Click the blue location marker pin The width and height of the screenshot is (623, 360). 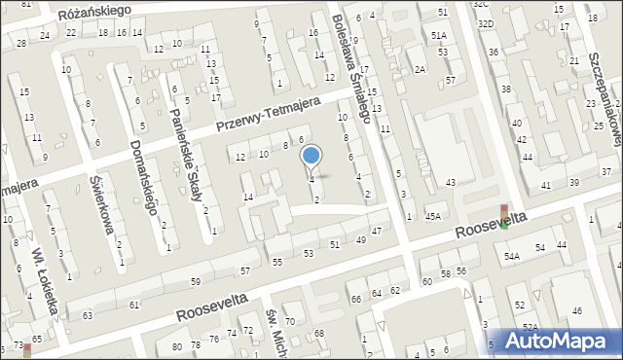tap(311, 156)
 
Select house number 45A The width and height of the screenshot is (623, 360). tap(433, 216)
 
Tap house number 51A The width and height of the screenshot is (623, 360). tap(439, 35)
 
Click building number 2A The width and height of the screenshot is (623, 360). tap(420, 69)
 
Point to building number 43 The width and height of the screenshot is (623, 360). tap(451, 183)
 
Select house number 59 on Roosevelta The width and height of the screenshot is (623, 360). tap(195, 281)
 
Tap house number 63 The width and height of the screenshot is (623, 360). tap(88, 315)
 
